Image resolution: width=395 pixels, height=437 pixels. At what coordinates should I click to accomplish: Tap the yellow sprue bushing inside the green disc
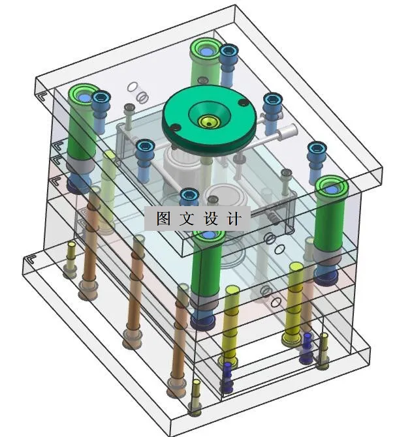point(209,122)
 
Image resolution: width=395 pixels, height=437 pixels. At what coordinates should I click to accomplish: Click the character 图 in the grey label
point(163,218)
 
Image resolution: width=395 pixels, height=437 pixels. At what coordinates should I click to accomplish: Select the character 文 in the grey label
point(187,218)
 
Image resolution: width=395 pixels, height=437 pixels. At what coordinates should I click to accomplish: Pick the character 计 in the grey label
point(234,218)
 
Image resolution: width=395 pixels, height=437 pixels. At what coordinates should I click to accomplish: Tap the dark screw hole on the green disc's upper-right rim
point(242,102)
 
